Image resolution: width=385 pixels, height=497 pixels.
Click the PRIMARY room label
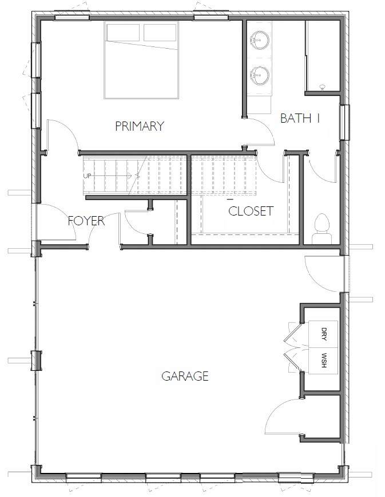pyautogui.click(x=140, y=126)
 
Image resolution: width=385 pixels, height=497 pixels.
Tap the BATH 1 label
pyautogui.click(x=300, y=118)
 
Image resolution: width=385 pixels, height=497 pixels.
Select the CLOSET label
pyautogui.click(x=251, y=211)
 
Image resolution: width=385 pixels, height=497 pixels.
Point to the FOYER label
pyautogui.click(x=86, y=221)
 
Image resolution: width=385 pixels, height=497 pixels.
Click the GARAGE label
pyautogui.click(x=185, y=376)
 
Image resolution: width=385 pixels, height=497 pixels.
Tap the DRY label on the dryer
pyautogui.click(x=324, y=334)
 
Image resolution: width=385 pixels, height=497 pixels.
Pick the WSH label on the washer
pyautogui.click(x=324, y=360)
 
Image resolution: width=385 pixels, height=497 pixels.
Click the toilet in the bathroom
pyautogui.click(x=322, y=229)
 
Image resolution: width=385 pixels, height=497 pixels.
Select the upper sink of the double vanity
pyautogui.click(x=260, y=40)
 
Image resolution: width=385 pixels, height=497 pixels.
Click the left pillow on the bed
pyautogui.click(x=123, y=32)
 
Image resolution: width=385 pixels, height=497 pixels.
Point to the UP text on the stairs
pyautogui.click(x=87, y=175)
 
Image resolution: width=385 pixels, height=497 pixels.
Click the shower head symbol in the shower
pyautogui.click(x=323, y=87)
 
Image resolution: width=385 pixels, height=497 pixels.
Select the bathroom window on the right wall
pyautogui.click(x=344, y=122)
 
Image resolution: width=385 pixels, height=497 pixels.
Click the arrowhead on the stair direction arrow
pyautogui.click(x=138, y=175)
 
